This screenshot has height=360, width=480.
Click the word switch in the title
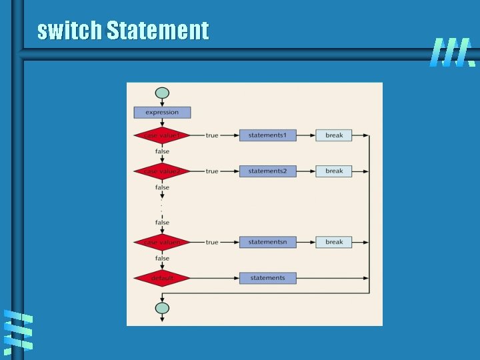(x=69, y=31)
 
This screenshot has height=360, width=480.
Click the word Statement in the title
(x=157, y=31)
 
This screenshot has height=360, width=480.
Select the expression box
(x=162, y=113)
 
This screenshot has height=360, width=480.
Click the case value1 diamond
(x=162, y=135)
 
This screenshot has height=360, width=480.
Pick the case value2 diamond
(x=162, y=171)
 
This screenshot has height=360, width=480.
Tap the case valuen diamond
(x=162, y=242)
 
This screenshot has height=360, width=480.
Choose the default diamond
(x=162, y=278)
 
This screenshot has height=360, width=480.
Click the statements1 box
(x=267, y=135)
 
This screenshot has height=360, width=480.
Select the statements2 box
(x=267, y=171)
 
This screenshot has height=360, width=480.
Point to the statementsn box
(x=267, y=242)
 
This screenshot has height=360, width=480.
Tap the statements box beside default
(x=267, y=278)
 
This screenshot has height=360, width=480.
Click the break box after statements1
(x=334, y=135)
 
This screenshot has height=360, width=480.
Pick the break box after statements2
(x=334, y=171)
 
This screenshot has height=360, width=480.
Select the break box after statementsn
(x=334, y=242)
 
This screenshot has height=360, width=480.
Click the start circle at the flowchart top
(x=162, y=93)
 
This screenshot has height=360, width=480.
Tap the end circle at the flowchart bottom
(x=162, y=308)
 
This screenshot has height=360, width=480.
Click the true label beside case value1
(x=212, y=135)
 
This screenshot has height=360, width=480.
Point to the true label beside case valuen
(x=212, y=242)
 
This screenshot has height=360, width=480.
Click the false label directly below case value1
(x=162, y=151)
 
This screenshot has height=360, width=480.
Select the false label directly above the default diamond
(x=162, y=258)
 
